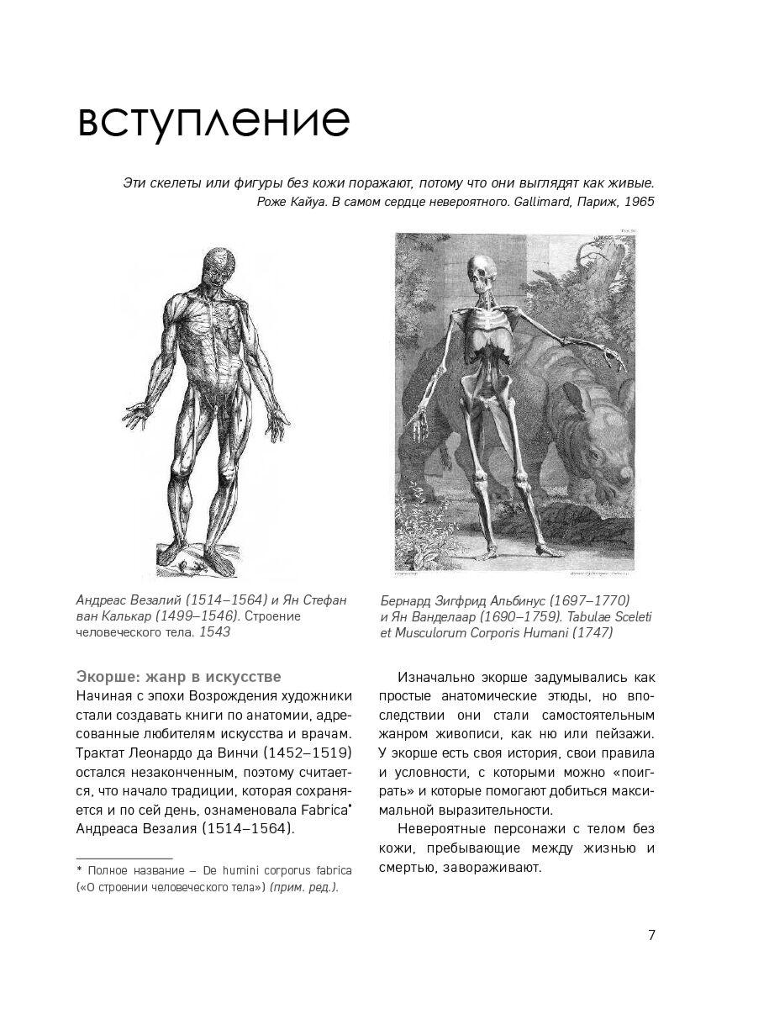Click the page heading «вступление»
click(213, 121)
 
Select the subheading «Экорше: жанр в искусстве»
click(178, 677)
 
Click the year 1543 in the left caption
click(214, 633)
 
